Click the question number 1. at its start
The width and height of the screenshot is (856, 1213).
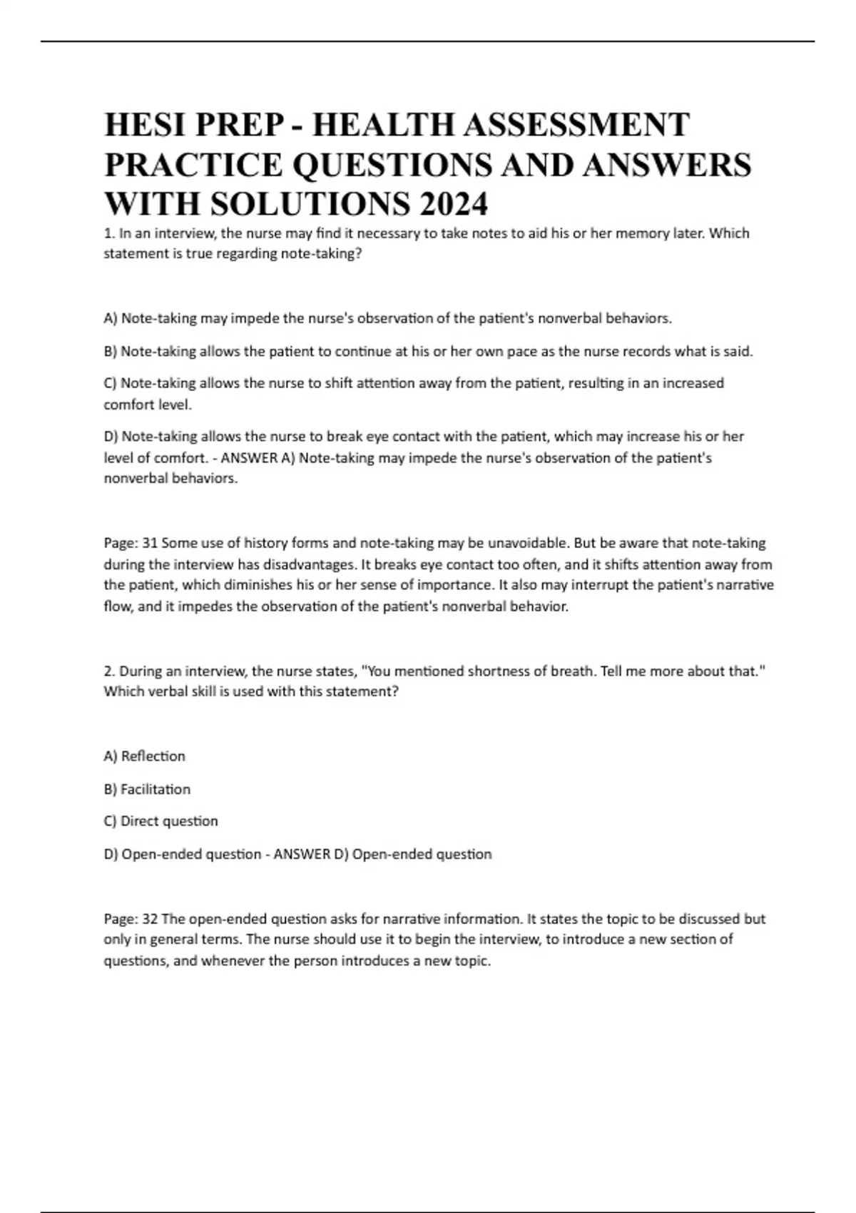[109, 233]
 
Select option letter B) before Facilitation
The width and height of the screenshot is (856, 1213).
[111, 789]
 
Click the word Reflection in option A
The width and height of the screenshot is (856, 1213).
[153, 756]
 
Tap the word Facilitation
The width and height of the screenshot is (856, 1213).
[156, 789]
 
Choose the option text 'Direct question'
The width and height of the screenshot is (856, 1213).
[169, 821]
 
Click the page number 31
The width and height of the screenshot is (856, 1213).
[150, 543]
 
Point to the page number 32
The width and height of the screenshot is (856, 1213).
[150, 919]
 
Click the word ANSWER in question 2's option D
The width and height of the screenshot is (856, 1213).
[302, 854]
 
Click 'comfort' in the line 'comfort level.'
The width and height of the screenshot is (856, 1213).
[127, 405]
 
